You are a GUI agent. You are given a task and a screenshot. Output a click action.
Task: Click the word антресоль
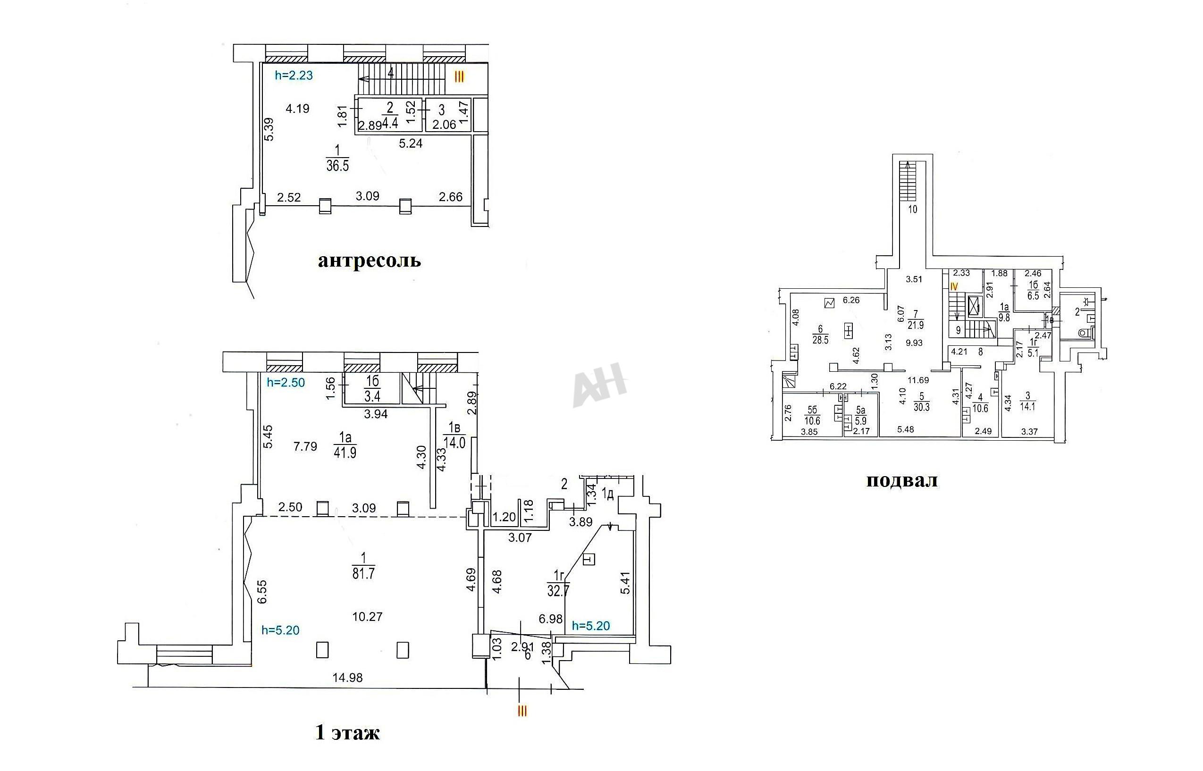coord(370,261)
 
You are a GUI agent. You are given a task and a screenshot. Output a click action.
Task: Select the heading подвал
coord(902,481)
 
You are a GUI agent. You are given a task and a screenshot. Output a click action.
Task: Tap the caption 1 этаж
coord(347,733)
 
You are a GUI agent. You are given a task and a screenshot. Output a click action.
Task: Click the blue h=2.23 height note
coord(294,75)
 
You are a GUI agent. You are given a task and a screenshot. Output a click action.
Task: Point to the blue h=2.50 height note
coord(286,383)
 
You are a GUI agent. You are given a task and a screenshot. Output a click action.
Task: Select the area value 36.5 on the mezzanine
coord(338,166)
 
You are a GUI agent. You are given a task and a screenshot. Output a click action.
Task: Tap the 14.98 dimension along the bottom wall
coord(348,678)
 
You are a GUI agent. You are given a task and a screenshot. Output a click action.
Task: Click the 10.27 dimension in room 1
coord(368,617)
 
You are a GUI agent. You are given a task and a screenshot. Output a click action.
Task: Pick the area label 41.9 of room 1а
coord(345,453)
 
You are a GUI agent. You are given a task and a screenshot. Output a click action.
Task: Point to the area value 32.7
coord(558,591)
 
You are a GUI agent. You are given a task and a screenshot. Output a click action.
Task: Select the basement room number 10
coord(913,210)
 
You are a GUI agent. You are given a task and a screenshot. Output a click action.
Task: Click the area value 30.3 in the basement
coord(921,408)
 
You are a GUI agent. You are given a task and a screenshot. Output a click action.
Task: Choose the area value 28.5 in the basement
coord(821,340)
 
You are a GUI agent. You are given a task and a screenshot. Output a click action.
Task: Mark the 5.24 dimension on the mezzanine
coord(411,144)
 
